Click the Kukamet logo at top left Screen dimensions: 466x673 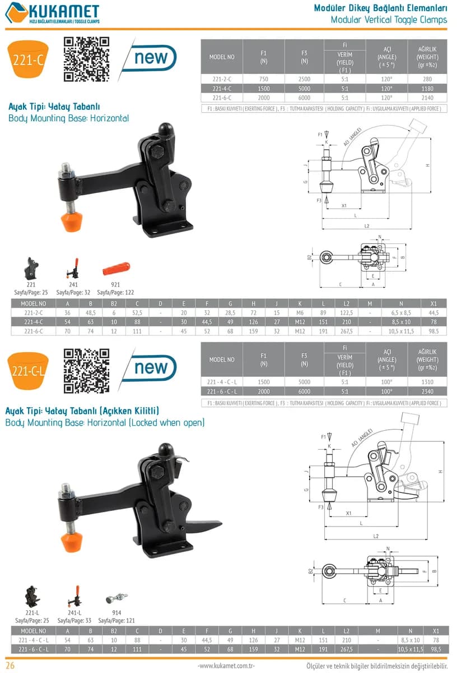53,13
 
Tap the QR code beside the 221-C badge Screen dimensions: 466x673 86,59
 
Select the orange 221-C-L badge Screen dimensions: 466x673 28,371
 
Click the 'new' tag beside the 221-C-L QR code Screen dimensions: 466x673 151,368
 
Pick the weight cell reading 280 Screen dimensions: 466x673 427,79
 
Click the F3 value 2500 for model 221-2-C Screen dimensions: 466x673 304,79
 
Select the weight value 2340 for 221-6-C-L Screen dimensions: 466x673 427,391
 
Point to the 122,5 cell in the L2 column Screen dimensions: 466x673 346,313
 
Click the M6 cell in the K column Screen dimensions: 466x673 300,313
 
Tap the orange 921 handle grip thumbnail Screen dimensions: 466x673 116,269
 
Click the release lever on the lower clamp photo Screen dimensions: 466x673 203,525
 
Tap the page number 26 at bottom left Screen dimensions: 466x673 10,666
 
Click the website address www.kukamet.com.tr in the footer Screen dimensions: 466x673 226,666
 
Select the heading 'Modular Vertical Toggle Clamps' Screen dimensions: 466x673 389,20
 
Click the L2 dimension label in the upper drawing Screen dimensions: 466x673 367,226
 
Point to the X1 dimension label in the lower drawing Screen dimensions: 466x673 348,513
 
